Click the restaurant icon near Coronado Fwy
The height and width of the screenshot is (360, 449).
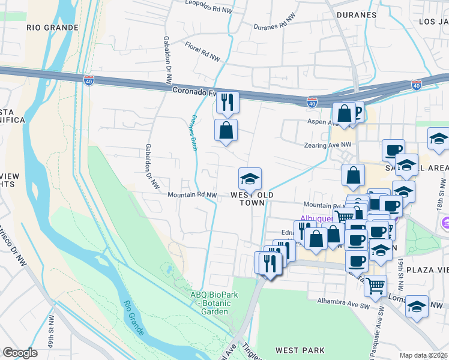228,103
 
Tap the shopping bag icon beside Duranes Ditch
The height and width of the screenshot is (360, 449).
226,130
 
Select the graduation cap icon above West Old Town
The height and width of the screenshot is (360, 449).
250,179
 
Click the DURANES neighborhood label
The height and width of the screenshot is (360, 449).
357,15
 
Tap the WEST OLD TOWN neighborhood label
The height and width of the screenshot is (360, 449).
252,199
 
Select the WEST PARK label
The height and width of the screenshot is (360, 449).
300,350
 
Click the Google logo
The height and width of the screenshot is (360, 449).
20,353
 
